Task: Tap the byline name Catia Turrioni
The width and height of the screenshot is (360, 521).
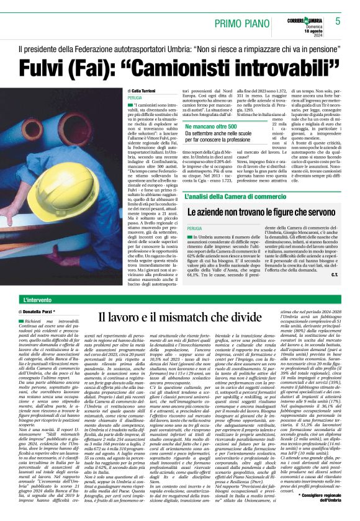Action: pyautogui.click(x=143, y=91)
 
